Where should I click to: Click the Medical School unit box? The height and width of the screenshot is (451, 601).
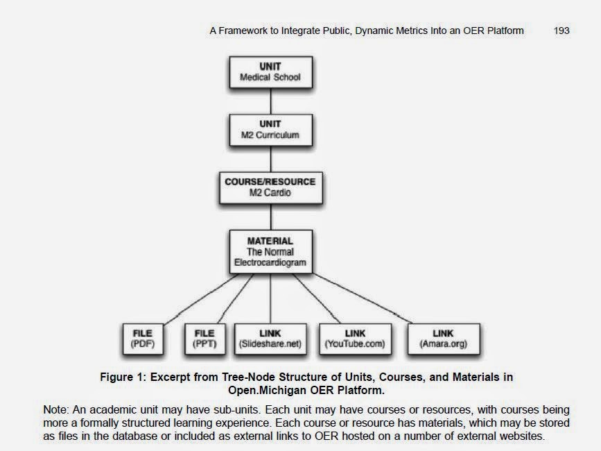[270, 72]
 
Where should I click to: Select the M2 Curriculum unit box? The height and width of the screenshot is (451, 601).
[270, 130]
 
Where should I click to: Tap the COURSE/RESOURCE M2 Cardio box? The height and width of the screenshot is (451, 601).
[270, 187]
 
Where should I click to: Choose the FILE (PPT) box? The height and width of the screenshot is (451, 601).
[205, 339]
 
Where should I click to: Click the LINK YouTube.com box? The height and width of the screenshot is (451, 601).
[355, 339]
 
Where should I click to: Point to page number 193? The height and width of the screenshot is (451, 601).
[561, 31]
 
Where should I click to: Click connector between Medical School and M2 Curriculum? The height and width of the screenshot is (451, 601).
[270, 101]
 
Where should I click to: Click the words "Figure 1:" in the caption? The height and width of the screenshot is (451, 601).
[121, 377]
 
